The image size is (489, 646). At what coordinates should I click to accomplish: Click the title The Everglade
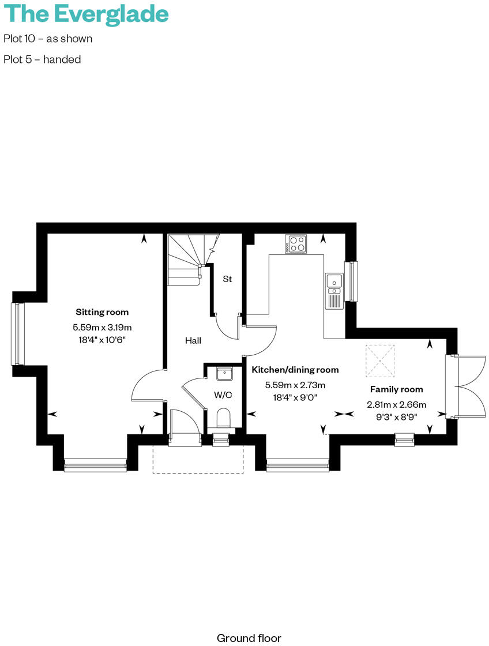[x=86, y=14]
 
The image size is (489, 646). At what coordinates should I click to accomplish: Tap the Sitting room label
[x=102, y=312]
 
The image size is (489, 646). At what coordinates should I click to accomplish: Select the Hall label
[x=193, y=341]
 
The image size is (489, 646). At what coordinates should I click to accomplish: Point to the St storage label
[x=227, y=279]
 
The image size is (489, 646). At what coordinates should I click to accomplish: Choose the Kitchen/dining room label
[x=295, y=370]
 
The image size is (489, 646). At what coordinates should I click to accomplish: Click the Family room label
[x=396, y=389]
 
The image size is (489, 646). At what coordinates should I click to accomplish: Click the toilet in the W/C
[x=223, y=418]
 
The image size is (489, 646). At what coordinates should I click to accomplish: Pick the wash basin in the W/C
[x=224, y=374]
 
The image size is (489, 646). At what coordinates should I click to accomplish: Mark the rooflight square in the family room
[x=381, y=359]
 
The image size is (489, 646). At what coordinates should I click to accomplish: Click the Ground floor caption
[x=249, y=638]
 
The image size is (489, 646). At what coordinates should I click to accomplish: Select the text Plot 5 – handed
[x=42, y=59]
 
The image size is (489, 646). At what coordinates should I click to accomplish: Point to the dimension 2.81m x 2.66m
[x=396, y=404]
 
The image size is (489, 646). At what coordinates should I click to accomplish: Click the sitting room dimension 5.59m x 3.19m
[x=102, y=327]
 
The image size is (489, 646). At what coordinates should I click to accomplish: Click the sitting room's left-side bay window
[x=17, y=334]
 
